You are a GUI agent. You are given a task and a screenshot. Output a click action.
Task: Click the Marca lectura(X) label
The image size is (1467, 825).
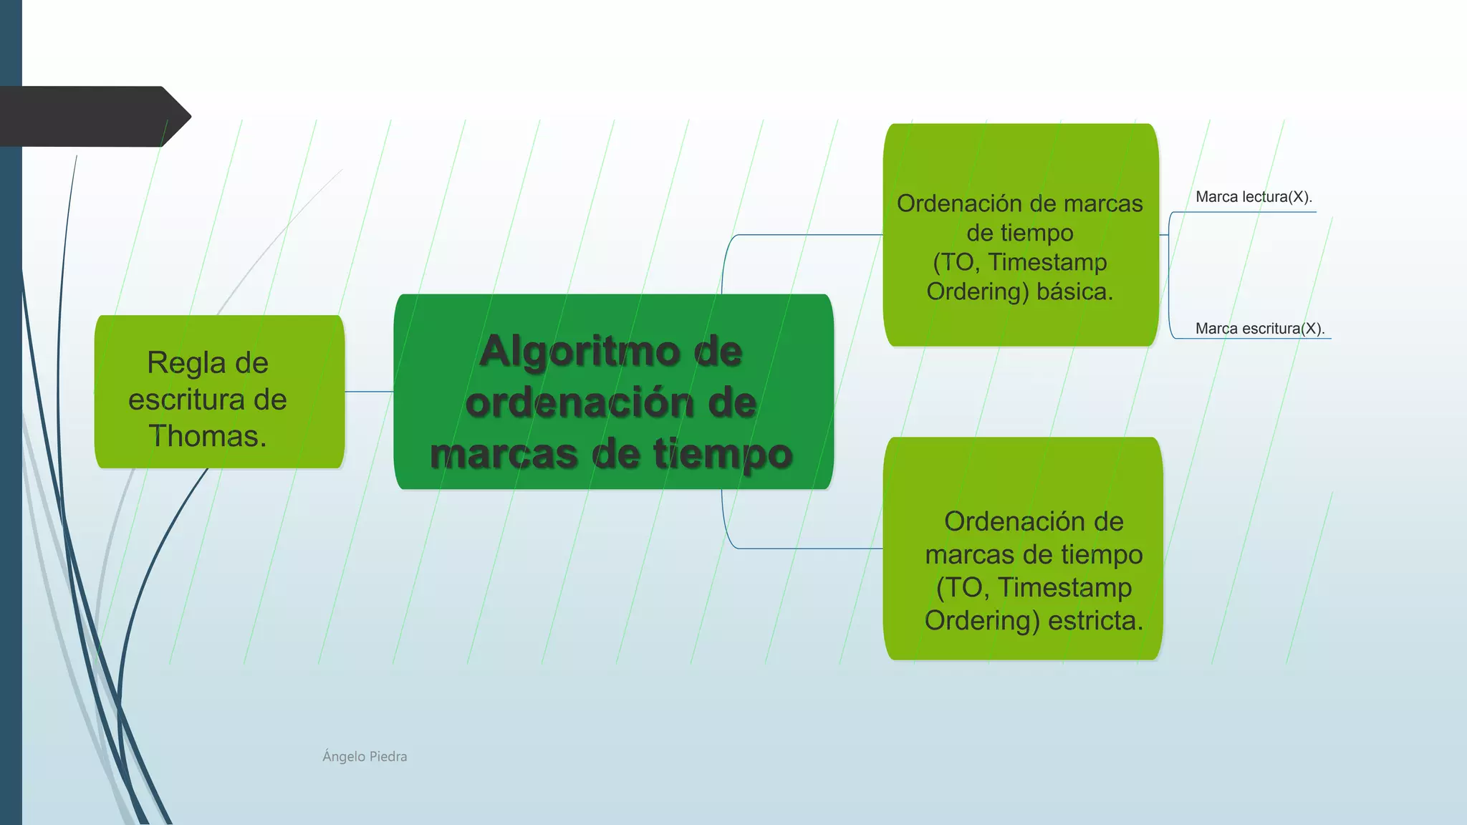[x=1253, y=197]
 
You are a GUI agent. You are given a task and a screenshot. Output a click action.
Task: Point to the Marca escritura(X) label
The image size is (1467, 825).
[x=1259, y=329]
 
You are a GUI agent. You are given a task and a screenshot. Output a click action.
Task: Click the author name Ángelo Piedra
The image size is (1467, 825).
[x=365, y=756]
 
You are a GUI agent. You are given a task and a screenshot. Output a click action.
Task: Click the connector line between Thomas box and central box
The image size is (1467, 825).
[x=369, y=392]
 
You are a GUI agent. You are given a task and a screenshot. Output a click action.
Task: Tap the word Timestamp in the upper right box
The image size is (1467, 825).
[x=1047, y=262]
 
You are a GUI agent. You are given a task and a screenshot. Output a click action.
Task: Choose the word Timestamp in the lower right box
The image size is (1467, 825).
[x=1064, y=587]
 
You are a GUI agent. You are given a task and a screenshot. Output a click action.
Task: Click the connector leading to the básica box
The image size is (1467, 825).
[x=802, y=235]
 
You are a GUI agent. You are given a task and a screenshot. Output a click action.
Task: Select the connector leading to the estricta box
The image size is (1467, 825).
[x=802, y=549]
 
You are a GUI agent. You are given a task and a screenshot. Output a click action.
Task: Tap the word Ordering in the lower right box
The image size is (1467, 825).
[x=981, y=620]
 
